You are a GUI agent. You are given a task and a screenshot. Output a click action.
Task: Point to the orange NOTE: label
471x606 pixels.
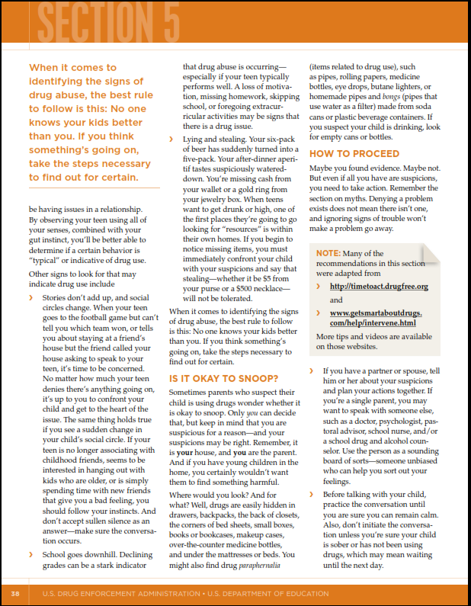328,253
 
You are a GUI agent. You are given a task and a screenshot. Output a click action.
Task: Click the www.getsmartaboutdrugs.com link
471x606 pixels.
376,319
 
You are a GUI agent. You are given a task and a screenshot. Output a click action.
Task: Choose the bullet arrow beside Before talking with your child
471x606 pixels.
312,495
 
